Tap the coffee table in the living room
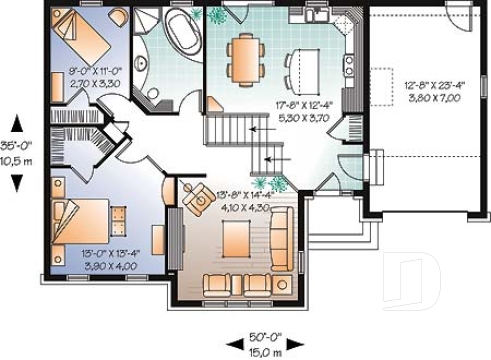coord(237,238)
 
